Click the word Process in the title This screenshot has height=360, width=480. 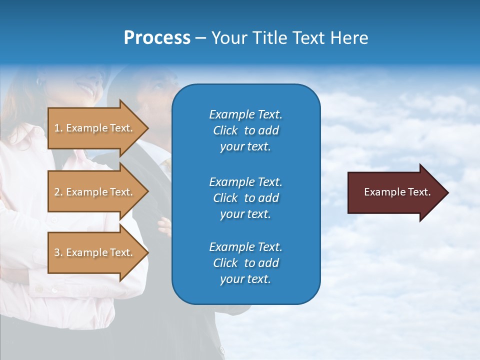click(x=157, y=37)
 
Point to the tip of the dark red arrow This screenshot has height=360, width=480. click(x=447, y=192)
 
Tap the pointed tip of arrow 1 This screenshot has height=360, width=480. click(x=147, y=128)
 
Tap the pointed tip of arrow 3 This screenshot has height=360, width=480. click(x=147, y=252)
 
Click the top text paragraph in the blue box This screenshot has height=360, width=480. click(x=245, y=130)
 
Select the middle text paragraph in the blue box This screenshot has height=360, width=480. click(x=245, y=198)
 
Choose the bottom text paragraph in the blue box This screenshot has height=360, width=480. click(x=245, y=263)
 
